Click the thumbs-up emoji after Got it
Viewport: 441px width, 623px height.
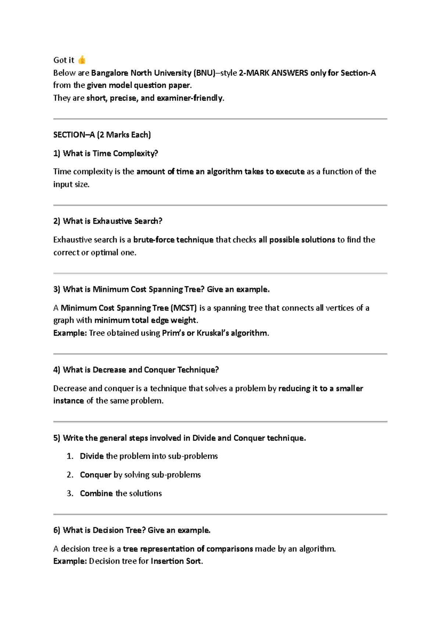pyautogui.click(x=82, y=60)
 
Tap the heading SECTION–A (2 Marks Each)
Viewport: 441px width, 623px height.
pyautogui.click(x=102, y=135)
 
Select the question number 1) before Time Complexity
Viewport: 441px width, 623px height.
pyautogui.click(x=57, y=153)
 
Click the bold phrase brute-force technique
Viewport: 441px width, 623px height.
pyautogui.click(x=173, y=240)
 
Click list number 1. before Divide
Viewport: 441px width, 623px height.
pyautogui.click(x=70, y=456)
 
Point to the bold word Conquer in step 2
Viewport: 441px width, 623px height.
pyautogui.click(x=96, y=475)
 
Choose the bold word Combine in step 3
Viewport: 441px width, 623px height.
pyautogui.click(x=96, y=493)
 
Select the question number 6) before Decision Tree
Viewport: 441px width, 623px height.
pyautogui.click(x=57, y=530)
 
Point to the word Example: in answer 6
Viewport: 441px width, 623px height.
pyautogui.click(x=70, y=561)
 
